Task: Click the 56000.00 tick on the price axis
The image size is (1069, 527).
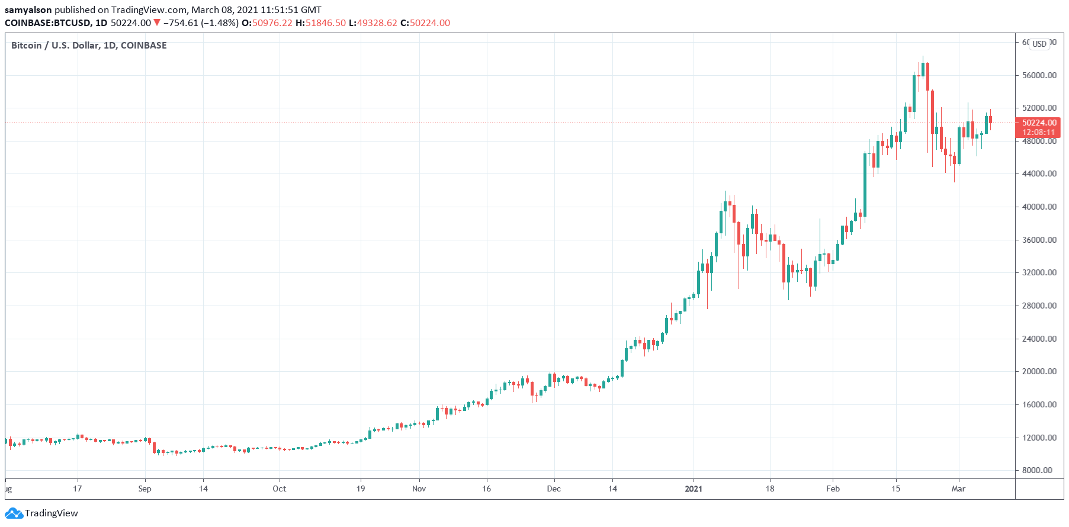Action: point(1039,75)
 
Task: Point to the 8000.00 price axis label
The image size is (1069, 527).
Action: point(1041,470)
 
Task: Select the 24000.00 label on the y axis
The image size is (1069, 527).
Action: point(1039,339)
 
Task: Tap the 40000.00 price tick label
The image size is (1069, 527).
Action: point(1039,207)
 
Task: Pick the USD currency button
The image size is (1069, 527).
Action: point(1039,44)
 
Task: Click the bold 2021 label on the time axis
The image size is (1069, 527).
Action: point(693,489)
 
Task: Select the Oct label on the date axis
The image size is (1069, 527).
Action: point(279,489)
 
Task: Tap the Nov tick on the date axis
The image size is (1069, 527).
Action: point(419,489)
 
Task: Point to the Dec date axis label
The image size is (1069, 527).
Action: point(554,489)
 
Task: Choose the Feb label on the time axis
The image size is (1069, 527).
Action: point(833,489)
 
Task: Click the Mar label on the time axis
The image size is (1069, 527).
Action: point(958,489)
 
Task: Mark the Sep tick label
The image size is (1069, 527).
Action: point(145,489)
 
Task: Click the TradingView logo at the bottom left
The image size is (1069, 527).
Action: point(42,513)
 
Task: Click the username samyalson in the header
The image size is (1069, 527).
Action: point(28,10)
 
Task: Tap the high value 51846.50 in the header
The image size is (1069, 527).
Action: point(325,23)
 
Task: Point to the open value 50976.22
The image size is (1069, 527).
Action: point(272,23)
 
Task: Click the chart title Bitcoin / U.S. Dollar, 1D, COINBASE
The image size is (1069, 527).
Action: point(89,46)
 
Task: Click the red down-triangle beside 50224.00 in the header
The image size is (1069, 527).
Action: point(157,23)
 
